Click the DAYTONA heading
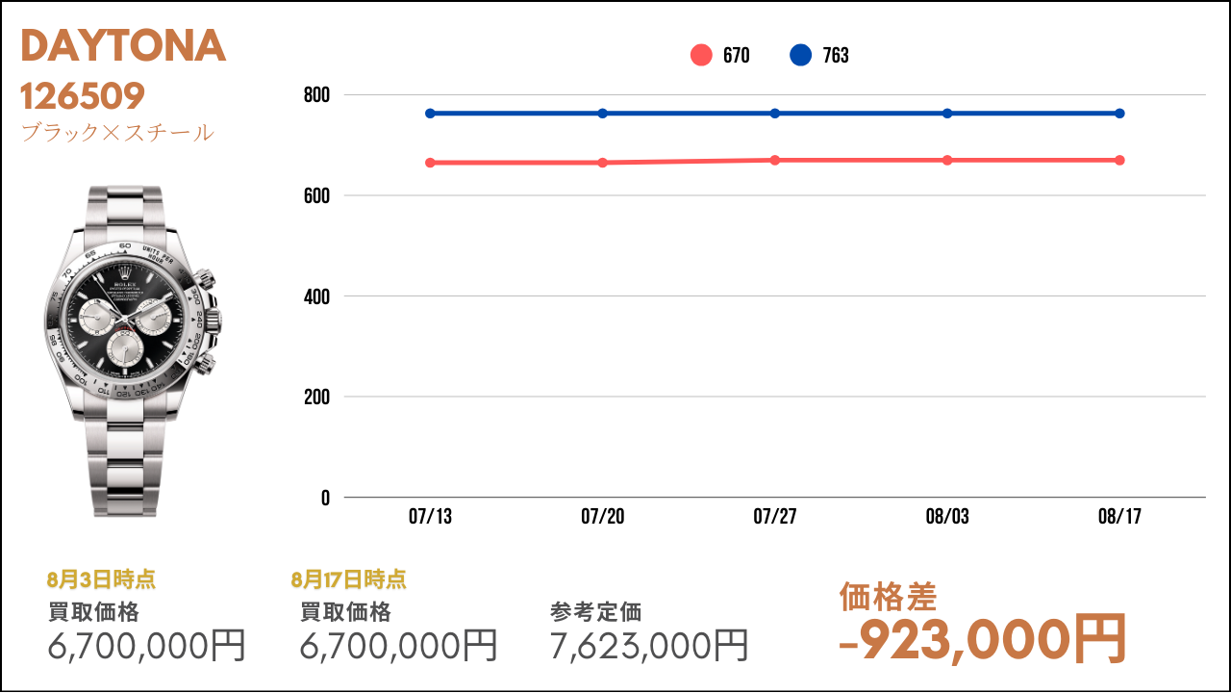[x=123, y=45]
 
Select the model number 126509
[x=83, y=96]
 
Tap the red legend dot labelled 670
[x=701, y=55]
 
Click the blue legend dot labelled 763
[x=801, y=55]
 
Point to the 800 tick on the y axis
[x=316, y=95]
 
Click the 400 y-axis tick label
[x=316, y=297]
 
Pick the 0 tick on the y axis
[x=325, y=498]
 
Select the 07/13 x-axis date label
[x=430, y=517]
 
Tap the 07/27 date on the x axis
[x=775, y=517]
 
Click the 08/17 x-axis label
[x=1120, y=517]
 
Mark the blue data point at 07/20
[x=602, y=114]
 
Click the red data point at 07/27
[x=775, y=160]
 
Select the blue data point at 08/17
[x=1120, y=114]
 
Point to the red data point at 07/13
[x=430, y=163]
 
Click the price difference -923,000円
[x=983, y=640]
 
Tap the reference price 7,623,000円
[x=649, y=645]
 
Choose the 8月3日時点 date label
[x=101, y=579]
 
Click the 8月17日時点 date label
[x=349, y=579]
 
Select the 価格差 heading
[x=888, y=598]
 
